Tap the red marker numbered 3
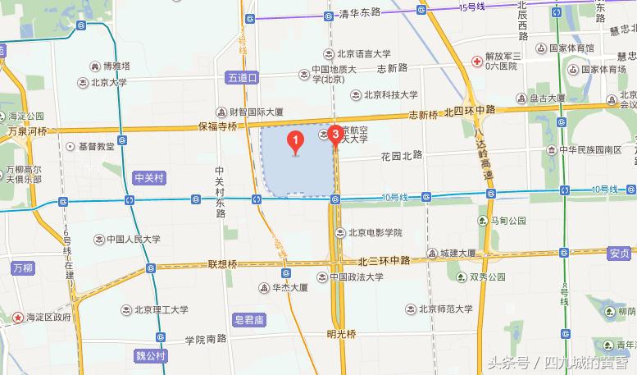[334, 134]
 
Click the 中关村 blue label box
[150, 176]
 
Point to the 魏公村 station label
[151, 355]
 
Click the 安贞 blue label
[619, 254]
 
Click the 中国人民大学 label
[132, 240]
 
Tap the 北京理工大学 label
[161, 309]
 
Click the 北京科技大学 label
[390, 94]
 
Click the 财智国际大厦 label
[255, 112]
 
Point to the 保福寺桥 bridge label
[216, 126]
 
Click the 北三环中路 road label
[384, 260]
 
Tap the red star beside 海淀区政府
[16, 316]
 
